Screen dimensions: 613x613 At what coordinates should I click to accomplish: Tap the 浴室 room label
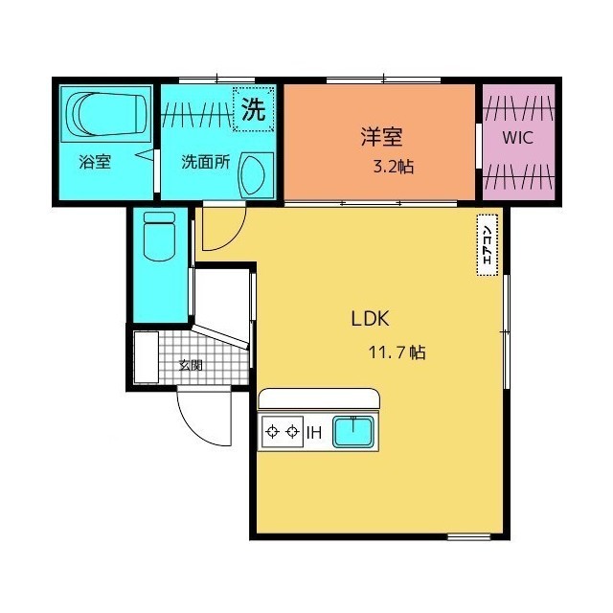pyautogui.click(x=95, y=162)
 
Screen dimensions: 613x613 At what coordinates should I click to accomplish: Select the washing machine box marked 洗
pyautogui.click(x=254, y=108)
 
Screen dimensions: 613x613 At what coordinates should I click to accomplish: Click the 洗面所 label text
pyautogui.click(x=206, y=162)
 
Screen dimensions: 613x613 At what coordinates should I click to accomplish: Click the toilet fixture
pyautogui.click(x=156, y=235)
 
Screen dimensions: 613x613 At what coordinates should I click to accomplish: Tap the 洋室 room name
pyautogui.click(x=379, y=135)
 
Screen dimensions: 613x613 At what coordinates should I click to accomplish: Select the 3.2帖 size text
pyautogui.click(x=393, y=167)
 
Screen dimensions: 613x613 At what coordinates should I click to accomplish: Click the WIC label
pyautogui.click(x=518, y=136)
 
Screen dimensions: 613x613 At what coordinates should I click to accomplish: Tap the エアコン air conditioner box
pyautogui.click(x=488, y=245)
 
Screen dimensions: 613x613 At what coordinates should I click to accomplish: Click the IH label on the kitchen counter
pyautogui.click(x=313, y=433)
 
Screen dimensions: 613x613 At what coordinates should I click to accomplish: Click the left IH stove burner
pyautogui.click(x=272, y=432)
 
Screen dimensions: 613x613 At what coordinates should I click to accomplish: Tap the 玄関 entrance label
pyautogui.click(x=192, y=365)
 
